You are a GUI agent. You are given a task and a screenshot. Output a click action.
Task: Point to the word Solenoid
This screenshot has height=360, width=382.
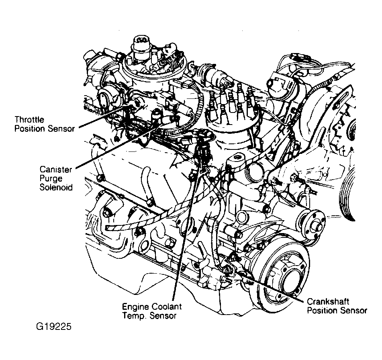point(56,187)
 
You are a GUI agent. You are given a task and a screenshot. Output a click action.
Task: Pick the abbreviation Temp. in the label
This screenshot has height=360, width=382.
point(134,316)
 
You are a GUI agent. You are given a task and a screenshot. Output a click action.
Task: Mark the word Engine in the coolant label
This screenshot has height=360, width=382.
point(135,307)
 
